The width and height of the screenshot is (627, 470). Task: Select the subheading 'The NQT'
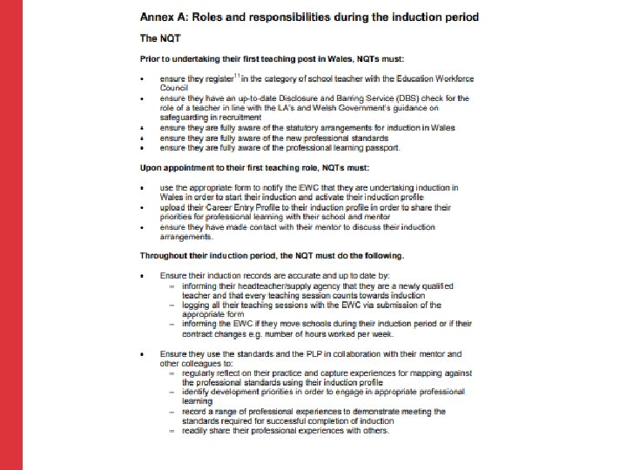162,37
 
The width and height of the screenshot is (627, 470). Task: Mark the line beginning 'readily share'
285,431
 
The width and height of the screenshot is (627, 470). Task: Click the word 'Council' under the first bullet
173,88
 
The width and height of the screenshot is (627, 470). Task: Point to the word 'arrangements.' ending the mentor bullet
186,236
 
